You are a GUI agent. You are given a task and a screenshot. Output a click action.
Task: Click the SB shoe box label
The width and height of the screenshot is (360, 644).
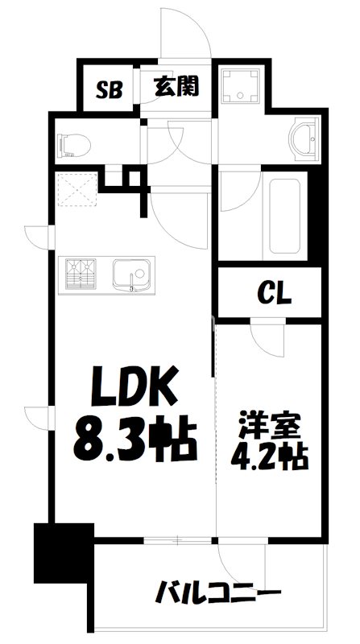110,89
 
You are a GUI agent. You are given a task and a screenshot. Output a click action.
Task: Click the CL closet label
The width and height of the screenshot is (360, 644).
274,294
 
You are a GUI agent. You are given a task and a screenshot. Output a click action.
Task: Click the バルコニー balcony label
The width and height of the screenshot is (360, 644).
218,597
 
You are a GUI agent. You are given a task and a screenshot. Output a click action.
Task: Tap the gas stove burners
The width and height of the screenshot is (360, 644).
79,274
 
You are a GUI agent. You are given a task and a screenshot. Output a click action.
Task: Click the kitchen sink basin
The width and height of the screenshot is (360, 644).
130,275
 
